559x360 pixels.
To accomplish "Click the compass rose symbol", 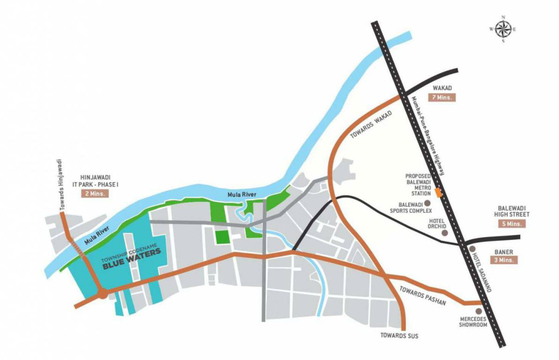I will [x=503, y=29].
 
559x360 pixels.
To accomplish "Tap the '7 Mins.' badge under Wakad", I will [x=440, y=98].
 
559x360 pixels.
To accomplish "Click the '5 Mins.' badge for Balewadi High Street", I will [x=512, y=224].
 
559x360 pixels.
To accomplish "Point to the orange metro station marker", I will [x=438, y=191].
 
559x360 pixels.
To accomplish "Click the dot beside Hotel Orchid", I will [x=444, y=232].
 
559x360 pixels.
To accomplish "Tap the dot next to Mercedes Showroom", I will [x=478, y=311].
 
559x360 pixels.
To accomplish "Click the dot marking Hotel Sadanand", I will [x=473, y=249].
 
